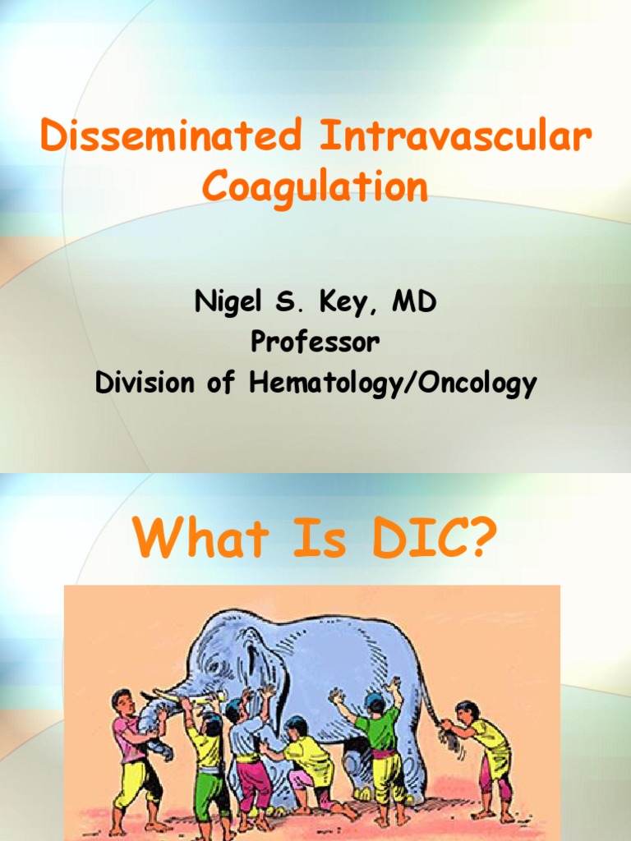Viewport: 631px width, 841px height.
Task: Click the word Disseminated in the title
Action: tap(172, 137)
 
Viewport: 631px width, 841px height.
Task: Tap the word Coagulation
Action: tap(315, 187)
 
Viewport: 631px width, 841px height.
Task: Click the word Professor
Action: tap(315, 342)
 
